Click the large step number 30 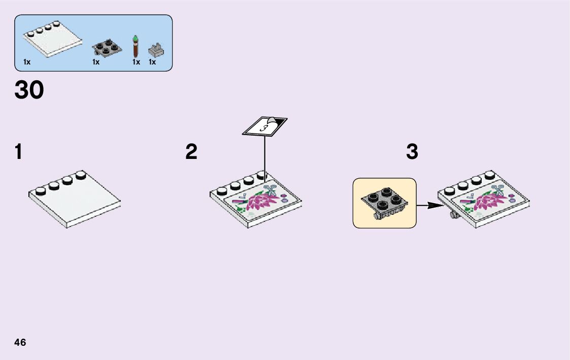pos(29,91)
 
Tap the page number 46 pos(20,342)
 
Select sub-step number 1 pos(18,152)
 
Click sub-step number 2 pos(191,152)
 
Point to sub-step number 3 pos(412,152)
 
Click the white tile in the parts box pos(53,41)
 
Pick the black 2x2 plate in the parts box pos(107,48)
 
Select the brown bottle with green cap pos(136,46)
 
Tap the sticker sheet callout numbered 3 pos(264,127)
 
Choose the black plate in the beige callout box pos(383,202)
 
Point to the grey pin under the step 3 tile pos(452,216)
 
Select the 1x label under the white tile pos(27,62)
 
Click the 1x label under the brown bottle pos(136,62)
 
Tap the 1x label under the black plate pos(96,62)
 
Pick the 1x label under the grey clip pos(152,62)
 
